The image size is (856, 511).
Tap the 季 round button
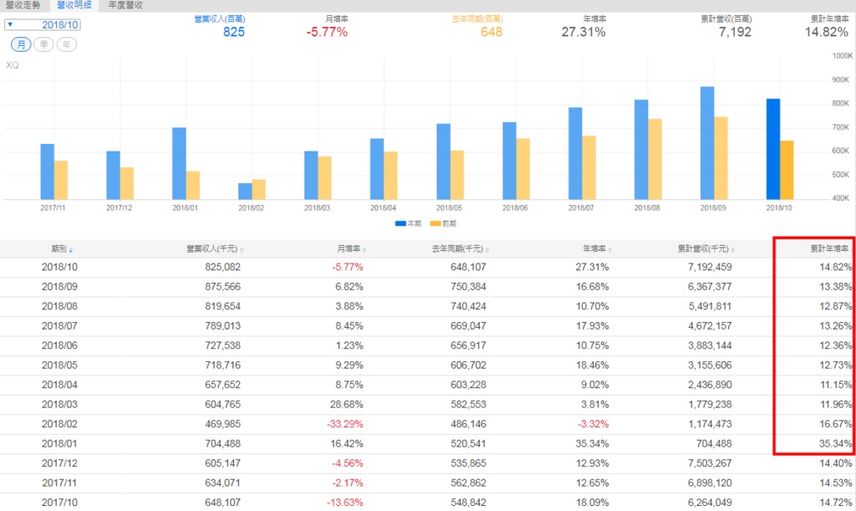click(45, 43)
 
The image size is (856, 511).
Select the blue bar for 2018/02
click(245, 192)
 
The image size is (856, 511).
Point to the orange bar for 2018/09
click(721, 158)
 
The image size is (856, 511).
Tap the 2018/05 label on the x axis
click(449, 207)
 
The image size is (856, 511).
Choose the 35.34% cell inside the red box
click(832, 444)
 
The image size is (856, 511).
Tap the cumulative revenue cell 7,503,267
click(703, 463)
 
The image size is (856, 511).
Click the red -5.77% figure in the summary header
click(327, 33)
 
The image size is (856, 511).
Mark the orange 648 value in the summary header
click(492, 33)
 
